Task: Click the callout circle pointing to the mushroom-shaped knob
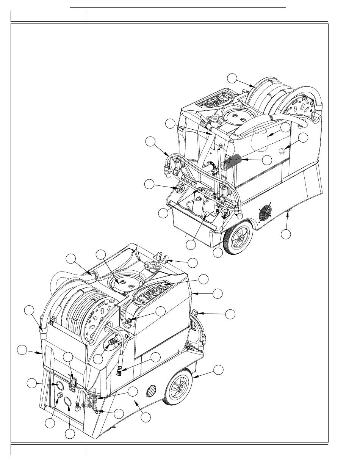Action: (x=303, y=138)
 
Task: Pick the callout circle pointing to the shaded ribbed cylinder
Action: (x=267, y=160)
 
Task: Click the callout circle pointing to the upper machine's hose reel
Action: (x=232, y=78)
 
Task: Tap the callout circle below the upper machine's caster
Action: (x=286, y=234)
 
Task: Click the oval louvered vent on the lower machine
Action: (x=151, y=390)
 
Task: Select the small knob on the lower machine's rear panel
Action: (x=59, y=396)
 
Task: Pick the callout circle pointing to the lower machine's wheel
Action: (x=218, y=370)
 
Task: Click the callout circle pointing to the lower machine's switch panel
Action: (x=203, y=279)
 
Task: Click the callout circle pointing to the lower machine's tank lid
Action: (x=100, y=254)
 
